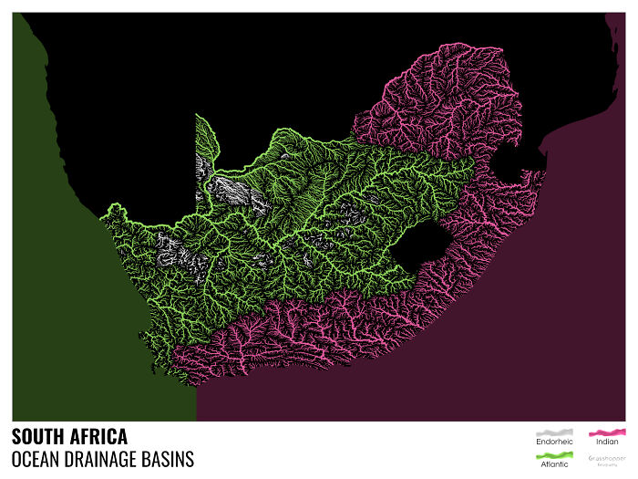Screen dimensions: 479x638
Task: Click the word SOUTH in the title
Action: [x=39, y=436]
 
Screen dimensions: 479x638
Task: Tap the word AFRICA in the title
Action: [x=98, y=436]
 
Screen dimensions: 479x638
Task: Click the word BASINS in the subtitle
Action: [x=170, y=458]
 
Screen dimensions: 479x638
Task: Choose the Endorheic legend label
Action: [x=553, y=443]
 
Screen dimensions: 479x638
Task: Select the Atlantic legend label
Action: [x=553, y=464]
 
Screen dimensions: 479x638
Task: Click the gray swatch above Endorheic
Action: [x=553, y=432]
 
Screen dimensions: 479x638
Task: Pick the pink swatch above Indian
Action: [x=606, y=431]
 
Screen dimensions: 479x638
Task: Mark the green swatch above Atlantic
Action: [x=553, y=453]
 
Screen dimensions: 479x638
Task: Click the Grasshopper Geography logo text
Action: [x=606, y=459]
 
